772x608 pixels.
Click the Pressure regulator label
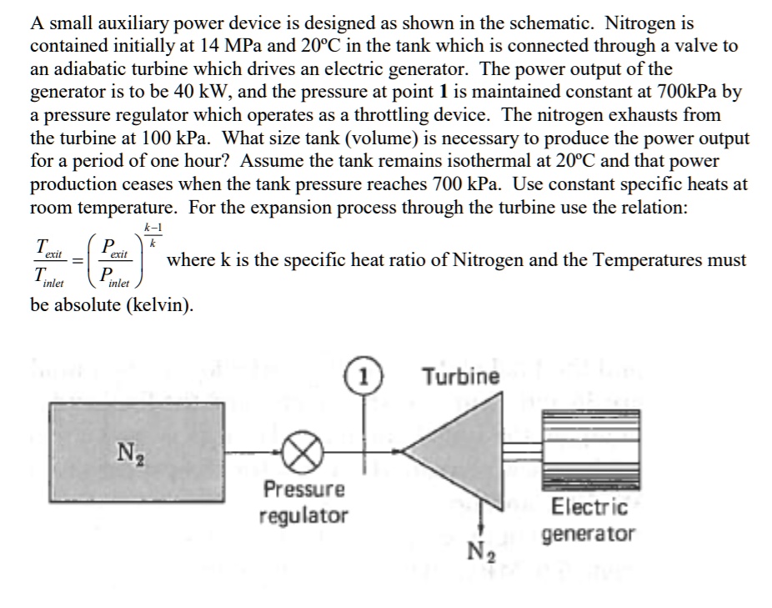coord(303,502)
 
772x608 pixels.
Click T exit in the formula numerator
coord(46,249)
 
